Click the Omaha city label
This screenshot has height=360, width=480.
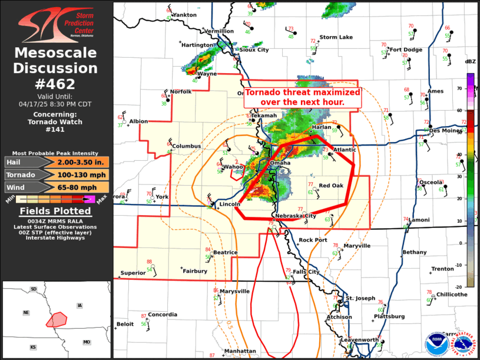[280, 163]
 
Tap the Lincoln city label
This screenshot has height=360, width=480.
[229, 204]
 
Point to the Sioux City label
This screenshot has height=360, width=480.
[253, 50]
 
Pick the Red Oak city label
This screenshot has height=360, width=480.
[331, 186]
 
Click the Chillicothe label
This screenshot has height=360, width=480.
[452, 295]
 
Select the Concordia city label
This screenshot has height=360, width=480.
[163, 315]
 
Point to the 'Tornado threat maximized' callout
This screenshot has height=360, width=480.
[302, 97]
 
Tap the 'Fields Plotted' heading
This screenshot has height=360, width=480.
[56, 211]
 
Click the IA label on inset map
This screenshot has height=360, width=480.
[79, 305]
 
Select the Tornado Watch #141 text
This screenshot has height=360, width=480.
[56, 126]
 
